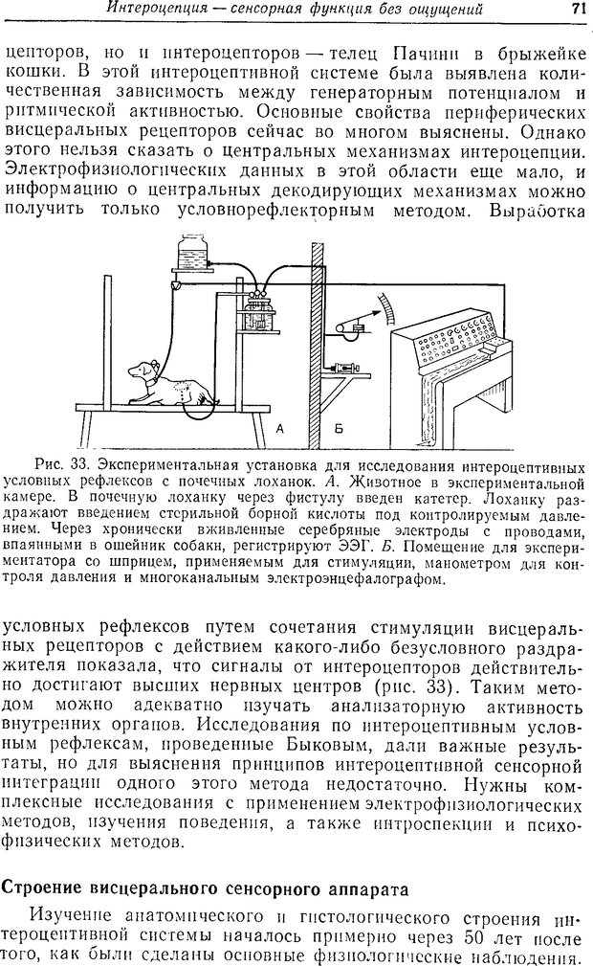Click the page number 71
pos(577,10)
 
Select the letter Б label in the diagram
pos(337,428)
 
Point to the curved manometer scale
pos(384,310)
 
